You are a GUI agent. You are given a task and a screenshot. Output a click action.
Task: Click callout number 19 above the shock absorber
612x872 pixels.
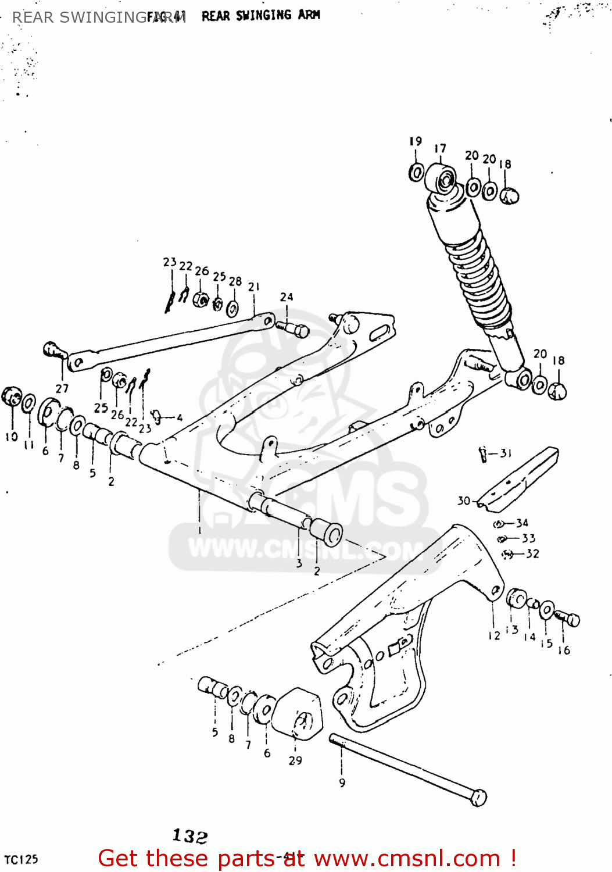click(416, 141)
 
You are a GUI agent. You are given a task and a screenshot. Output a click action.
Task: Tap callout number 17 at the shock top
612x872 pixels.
click(440, 149)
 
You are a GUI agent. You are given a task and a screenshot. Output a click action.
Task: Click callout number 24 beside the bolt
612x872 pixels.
click(287, 297)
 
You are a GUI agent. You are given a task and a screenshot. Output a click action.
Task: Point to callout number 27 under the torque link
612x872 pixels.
click(62, 388)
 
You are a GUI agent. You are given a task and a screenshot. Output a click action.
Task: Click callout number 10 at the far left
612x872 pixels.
click(12, 437)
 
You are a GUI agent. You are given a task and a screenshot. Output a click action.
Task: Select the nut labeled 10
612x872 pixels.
click(11, 397)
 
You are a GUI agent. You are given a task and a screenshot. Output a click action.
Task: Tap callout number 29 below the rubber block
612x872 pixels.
click(295, 760)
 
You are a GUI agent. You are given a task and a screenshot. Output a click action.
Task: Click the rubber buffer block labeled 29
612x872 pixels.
click(298, 714)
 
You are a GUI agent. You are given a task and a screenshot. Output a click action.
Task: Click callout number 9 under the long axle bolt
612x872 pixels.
click(342, 783)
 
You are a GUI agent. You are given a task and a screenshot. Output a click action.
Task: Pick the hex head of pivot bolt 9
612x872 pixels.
click(478, 798)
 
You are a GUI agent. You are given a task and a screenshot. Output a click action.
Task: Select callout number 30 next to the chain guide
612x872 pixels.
click(463, 501)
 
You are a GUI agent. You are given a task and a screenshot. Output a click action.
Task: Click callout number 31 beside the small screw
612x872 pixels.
click(506, 453)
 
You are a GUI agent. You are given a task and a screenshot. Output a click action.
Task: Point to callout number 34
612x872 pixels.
click(522, 523)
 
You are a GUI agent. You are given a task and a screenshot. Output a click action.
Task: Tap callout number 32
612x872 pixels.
click(532, 553)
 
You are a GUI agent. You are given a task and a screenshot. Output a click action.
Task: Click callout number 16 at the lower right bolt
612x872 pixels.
click(564, 651)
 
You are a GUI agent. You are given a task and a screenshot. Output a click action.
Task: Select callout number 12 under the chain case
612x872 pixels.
click(494, 635)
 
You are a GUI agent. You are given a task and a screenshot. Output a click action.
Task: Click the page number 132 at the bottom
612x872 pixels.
click(190, 836)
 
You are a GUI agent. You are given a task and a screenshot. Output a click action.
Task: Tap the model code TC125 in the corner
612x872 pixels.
click(21, 859)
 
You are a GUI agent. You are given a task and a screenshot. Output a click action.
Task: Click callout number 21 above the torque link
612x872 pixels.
click(254, 287)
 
